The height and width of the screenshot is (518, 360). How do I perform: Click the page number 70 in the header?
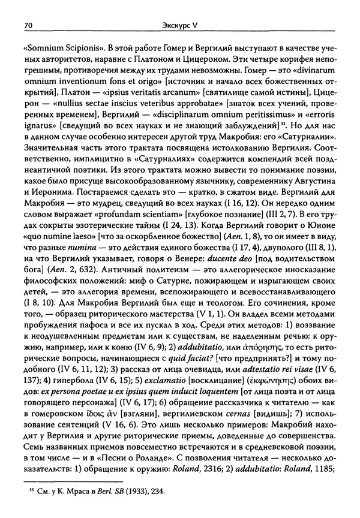[27, 26]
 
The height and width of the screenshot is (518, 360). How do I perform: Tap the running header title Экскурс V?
[180, 26]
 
